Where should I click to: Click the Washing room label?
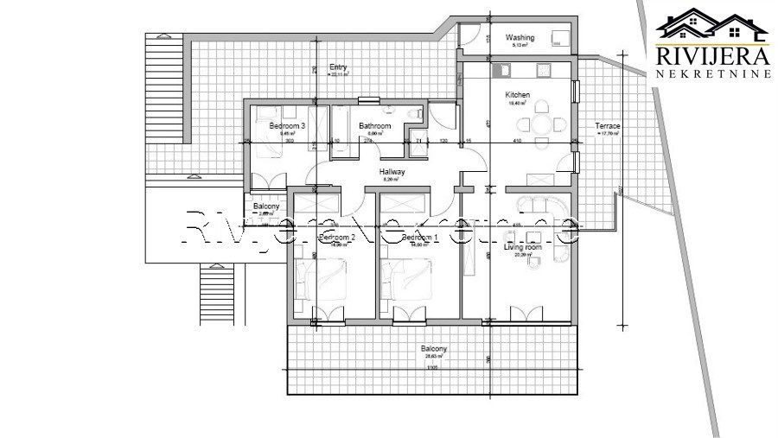(x=520, y=38)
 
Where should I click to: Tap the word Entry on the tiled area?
(x=338, y=67)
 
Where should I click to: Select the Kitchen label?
(x=517, y=96)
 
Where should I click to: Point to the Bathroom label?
(x=375, y=126)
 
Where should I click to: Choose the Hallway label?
(x=392, y=172)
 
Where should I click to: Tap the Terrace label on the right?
(x=608, y=127)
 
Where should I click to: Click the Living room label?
(x=522, y=247)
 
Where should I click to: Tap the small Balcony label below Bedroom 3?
(x=265, y=206)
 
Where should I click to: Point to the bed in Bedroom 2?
(x=316, y=276)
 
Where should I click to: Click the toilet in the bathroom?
(x=391, y=111)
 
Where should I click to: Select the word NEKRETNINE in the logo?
(x=712, y=75)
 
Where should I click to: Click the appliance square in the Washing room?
(x=558, y=38)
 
